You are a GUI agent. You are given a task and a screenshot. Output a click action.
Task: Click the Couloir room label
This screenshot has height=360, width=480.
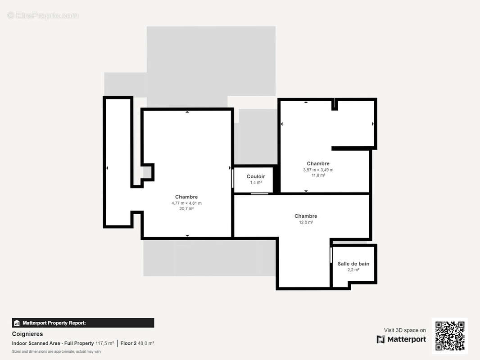tap(256, 176)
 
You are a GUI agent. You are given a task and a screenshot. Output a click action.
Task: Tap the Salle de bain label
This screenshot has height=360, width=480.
tap(353, 264)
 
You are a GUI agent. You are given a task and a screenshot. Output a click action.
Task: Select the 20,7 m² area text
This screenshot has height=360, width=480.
tap(186, 209)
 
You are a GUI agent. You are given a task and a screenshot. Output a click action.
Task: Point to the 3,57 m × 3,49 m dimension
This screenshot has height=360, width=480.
tap(318, 170)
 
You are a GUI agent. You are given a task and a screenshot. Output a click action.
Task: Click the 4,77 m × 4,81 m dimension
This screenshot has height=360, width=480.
tap(186, 203)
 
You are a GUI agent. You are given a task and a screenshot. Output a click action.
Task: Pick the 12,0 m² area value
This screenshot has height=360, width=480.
tap(306, 222)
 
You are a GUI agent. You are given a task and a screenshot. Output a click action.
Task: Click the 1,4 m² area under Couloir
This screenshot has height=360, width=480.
tap(256, 183)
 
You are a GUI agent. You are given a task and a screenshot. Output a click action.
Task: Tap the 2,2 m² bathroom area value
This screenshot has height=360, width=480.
tap(353, 270)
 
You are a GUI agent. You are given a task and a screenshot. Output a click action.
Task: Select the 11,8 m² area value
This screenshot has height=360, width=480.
tap(318, 175)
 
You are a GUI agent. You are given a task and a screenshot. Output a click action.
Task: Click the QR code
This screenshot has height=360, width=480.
tap(450, 336)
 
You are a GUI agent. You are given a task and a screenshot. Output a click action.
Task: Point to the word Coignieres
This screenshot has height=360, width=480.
tap(27, 334)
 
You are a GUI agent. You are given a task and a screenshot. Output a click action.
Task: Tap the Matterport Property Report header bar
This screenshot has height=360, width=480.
tap(83, 323)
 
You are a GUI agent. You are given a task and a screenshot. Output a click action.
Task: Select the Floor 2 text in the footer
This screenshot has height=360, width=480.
tap(128, 343)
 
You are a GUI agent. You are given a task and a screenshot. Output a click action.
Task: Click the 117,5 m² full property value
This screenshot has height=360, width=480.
tap(105, 343)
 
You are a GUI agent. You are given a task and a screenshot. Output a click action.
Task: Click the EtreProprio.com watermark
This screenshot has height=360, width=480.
tap(43, 15)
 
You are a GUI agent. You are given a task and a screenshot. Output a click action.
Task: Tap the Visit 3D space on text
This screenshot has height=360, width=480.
tap(405, 330)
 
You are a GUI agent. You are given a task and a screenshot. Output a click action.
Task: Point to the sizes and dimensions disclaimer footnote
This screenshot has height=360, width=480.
tap(57, 351)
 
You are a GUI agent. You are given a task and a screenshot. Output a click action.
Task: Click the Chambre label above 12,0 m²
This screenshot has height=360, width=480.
tap(306, 216)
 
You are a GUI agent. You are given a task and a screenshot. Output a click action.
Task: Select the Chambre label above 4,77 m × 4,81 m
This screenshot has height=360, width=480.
tap(186, 197)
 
